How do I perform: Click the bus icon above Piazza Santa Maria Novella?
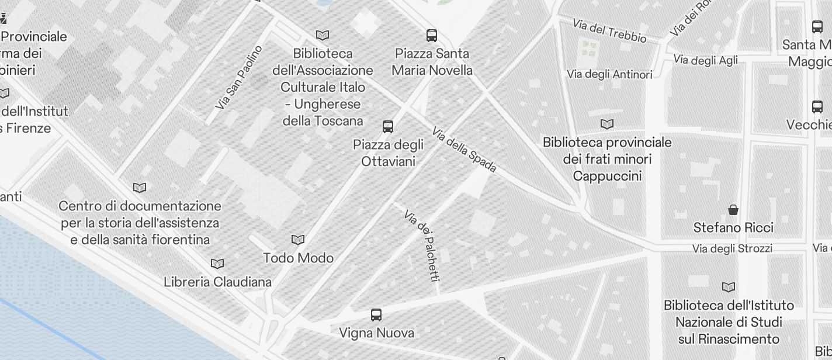(x=432, y=36)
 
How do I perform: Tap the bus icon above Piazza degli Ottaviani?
(x=387, y=126)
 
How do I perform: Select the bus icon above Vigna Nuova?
(x=376, y=315)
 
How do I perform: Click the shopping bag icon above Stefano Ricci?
(x=733, y=210)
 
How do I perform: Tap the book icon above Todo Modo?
(x=298, y=240)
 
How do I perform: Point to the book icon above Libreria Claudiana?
(x=217, y=264)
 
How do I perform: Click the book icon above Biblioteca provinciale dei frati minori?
(x=607, y=124)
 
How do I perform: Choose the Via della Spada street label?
(x=464, y=150)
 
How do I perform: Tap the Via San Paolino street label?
(x=239, y=78)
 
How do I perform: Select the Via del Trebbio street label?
(x=609, y=31)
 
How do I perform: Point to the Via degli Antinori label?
(x=609, y=74)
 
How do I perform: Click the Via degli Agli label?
(x=705, y=60)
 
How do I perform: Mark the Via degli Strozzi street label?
(x=732, y=248)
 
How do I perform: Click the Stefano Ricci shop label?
(x=733, y=227)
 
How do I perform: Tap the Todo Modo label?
(x=298, y=258)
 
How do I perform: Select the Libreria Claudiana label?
(x=217, y=282)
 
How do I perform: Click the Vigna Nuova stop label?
(x=376, y=333)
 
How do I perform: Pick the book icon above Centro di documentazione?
(x=140, y=188)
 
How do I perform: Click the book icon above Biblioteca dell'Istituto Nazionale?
(x=728, y=287)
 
